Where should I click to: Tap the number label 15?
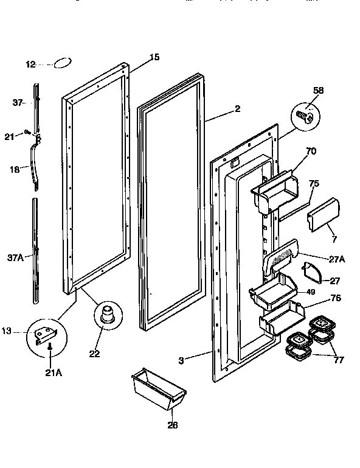pyautogui.click(x=154, y=57)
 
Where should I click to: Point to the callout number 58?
pyautogui.click(x=317, y=91)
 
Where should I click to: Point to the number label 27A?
pyautogui.click(x=337, y=259)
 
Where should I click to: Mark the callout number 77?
pyautogui.click(x=339, y=360)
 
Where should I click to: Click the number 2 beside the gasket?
pyautogui.click(x=237, y=109)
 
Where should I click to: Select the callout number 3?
pyautogui.click(x=181, y=360)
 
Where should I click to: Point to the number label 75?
pyautogui.click(x=314, y=184)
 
